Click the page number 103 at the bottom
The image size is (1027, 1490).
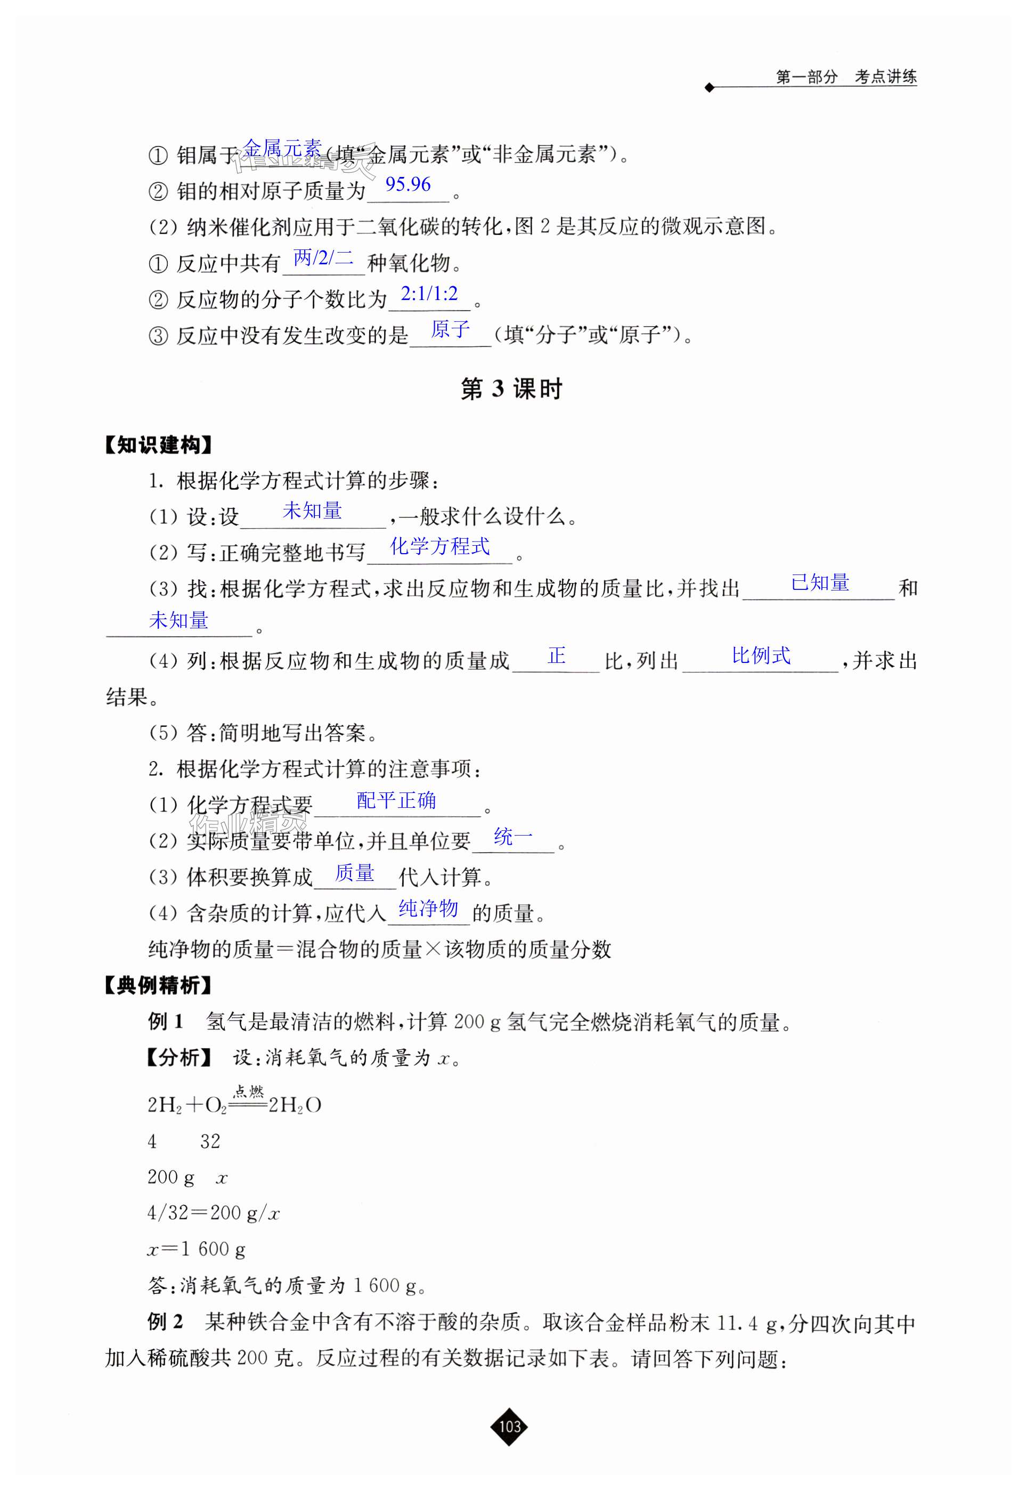pos(509,1426)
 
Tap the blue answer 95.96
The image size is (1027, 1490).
pos(408,185)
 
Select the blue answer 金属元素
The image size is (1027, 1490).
pos(282,149)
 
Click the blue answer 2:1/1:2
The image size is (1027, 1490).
pos(429,294)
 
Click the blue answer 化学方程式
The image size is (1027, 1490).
pos(440,546)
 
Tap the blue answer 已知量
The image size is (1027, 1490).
pos(820,582)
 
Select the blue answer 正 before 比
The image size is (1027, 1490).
pos(557,656)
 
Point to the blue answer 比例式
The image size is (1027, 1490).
pos(761,656)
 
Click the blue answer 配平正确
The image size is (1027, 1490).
pos(396,800)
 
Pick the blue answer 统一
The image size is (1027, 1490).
pos(513,837)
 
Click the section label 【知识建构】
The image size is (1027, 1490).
pos(158,445)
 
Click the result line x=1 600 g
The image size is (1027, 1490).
pos(196,1249)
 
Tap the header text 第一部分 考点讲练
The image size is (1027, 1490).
pos(845,77)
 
